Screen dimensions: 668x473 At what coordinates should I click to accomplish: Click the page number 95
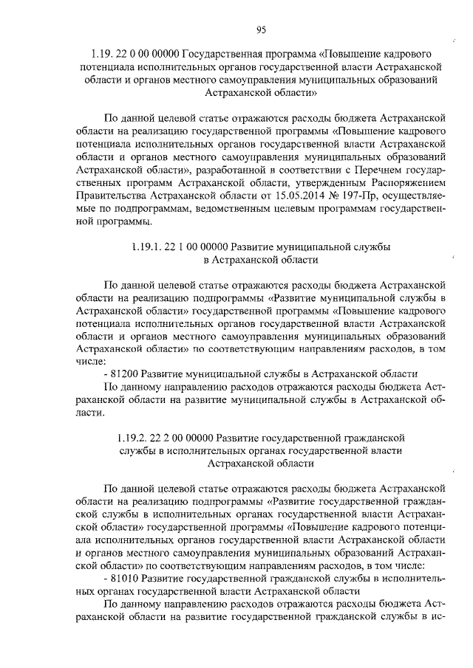point(261,30)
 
